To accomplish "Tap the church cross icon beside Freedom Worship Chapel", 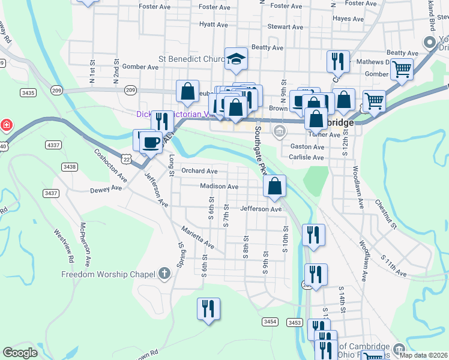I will pos(165,274).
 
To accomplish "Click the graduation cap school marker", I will pos(237,59).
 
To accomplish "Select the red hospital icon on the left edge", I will pos(7,125).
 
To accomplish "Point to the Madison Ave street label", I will pos(219,187).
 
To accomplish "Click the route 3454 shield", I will pos(270,322).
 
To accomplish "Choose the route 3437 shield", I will pos(51,193).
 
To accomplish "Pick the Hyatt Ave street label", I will pos(214,25).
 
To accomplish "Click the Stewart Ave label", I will pos(286,27).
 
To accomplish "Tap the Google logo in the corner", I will pos(20,353).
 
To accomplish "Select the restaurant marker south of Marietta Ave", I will pos(208,308).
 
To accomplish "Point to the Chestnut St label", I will pos(386,215).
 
